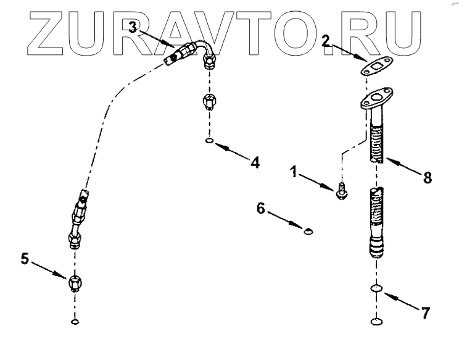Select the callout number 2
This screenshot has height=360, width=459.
pos(326,41)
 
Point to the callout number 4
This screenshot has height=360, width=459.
pos(254,162)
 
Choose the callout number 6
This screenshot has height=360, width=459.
pos(262,209)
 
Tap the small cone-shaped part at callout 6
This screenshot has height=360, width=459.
pos(307,232)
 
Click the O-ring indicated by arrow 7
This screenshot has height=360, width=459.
pos(375,289)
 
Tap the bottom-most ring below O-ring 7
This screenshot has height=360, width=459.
pos(375,320)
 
